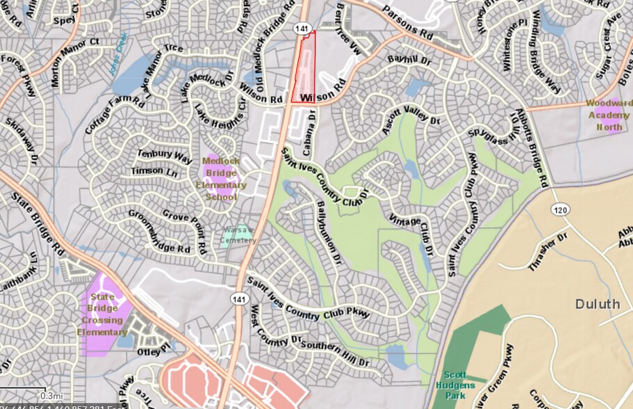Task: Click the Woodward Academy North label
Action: click(x=609, y=115)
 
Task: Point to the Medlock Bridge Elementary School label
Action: click(x=221, y=179)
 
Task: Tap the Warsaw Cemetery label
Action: click(x=238, y=235)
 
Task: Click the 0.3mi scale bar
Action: click(x=24, y=395)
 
